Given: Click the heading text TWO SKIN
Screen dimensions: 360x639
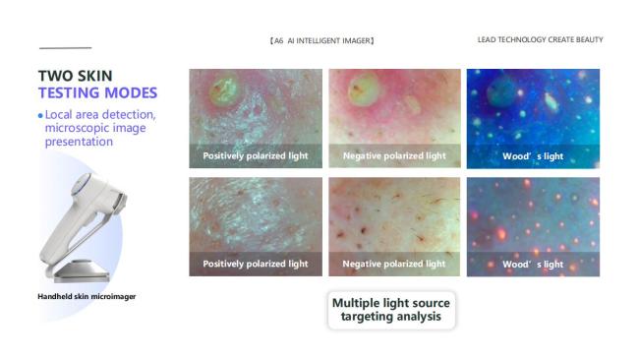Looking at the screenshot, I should (75, 76).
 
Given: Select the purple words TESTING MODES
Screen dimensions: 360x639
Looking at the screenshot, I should (97, 93).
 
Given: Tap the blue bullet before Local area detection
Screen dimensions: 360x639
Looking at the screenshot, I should (40, 115).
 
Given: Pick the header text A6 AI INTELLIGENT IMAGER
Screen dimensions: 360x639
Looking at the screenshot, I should (321, 40).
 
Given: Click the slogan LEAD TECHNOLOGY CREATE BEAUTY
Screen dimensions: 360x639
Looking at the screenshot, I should (540, 40).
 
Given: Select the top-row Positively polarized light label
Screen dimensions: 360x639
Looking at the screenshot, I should (255, 155).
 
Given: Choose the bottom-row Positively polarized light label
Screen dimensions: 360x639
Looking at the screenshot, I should (255, 264).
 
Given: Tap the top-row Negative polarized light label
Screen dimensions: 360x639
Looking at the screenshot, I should (394, 155).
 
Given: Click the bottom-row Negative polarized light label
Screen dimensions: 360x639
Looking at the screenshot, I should (394, 264).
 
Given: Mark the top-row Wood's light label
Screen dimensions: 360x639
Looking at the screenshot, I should (533, 155).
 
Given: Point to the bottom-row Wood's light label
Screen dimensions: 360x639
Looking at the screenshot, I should (533, 264).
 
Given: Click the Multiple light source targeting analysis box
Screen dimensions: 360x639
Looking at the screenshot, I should (390, 310).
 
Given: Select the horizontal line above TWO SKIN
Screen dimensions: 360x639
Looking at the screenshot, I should (65, 47).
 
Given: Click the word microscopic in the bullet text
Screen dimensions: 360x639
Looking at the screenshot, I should (74, 128).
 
